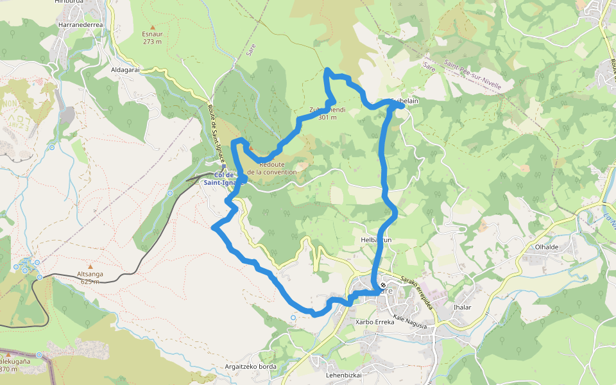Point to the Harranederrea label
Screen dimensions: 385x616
coord(81,24)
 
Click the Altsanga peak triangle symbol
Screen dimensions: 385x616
coord(90,266)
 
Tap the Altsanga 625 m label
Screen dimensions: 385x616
coord(90,277)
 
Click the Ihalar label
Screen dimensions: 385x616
coord(462,307)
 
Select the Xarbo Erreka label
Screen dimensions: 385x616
coord(375,322)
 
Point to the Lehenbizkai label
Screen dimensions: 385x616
coord(345,375)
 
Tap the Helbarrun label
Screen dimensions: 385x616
coord(376,240)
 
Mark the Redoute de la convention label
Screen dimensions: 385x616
coord(272,168)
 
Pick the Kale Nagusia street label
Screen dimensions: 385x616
coord(411,326)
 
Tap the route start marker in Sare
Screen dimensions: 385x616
coord(383,285)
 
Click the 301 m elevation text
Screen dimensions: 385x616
coord(327,117)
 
